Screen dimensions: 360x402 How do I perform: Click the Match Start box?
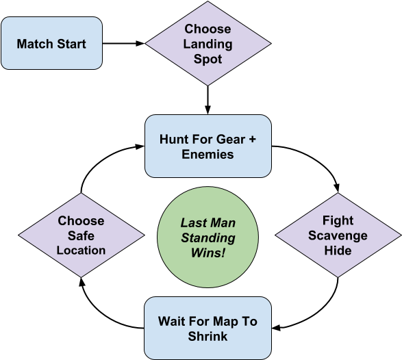point(51,44)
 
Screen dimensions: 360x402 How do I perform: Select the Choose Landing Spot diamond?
point(208,44)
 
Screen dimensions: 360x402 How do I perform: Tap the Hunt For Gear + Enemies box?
point(208,146)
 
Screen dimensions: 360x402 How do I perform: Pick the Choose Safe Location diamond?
point(81,235)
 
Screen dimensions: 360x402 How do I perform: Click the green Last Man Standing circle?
point(208,237)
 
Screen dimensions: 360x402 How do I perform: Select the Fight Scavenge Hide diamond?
point(338,235)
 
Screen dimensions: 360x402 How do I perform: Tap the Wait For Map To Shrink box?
point(208,329)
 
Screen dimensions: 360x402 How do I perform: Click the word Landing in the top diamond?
point(208,44)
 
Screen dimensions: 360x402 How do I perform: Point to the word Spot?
point(208,59)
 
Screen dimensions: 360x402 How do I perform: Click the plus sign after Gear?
point(251,139)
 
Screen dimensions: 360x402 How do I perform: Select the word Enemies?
point(208,155)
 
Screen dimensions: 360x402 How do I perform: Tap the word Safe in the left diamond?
point(81,235)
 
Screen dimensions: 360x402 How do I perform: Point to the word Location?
point(81,250)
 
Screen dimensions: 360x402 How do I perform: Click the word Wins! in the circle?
point(208,253)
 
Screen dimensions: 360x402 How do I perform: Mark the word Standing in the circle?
point(208,238)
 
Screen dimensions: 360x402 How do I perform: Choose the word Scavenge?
point(338,235)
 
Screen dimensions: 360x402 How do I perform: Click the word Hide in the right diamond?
point(338,250)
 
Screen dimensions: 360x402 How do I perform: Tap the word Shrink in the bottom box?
point(208,337)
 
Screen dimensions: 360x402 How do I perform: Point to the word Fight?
point(338,220)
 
